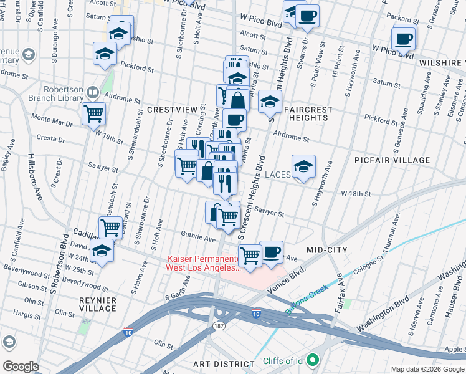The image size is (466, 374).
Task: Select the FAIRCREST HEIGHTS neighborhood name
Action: (307, 113)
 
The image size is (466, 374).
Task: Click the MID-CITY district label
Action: (326, 250)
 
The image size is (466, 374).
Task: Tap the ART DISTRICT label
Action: (224, 363)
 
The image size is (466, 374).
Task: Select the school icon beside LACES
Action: (303, 166)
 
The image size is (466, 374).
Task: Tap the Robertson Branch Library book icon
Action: (92, 93)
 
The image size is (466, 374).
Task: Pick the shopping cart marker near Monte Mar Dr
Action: (93, 114)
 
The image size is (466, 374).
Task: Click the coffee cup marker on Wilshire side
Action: (404, 39)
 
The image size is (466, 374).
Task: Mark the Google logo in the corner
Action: (21, 367)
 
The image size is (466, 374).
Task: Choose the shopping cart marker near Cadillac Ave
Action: (110, 228)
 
